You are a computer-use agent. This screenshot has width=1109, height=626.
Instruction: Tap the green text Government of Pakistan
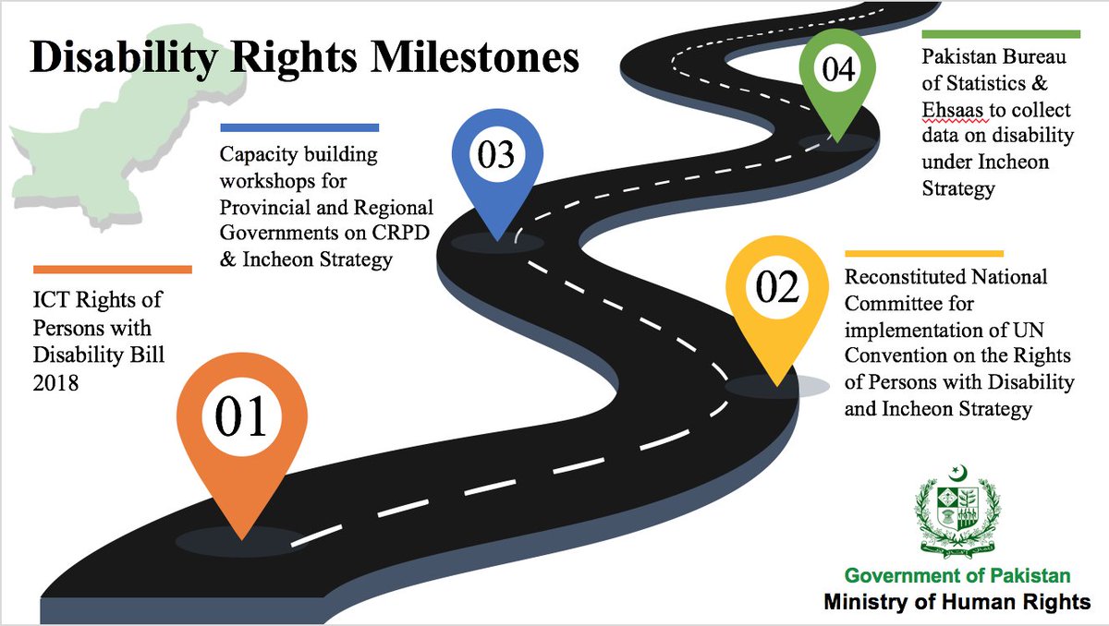point(957,576)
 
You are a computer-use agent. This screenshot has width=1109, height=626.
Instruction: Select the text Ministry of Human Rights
point(957,602)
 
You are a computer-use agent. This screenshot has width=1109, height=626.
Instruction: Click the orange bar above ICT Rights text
point(112,270)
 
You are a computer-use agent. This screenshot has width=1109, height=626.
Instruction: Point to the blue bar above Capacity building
point(299,127)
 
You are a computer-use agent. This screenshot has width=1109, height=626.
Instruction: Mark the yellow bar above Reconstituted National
point(923,252)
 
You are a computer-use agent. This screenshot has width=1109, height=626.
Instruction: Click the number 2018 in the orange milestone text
point(55,381)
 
